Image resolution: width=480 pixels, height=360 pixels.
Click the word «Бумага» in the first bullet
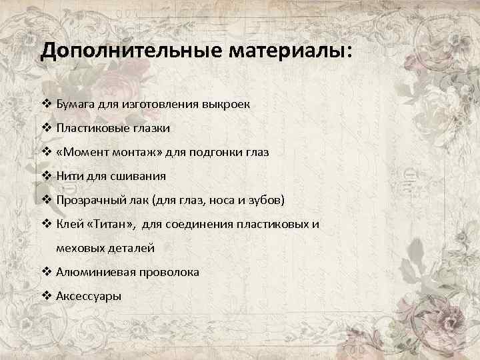[x=77, y=105]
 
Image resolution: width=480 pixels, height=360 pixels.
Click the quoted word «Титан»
[x=113, y=224]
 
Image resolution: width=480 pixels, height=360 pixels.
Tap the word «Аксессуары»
[x=89, y=296]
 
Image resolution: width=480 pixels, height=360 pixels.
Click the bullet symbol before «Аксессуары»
[x=46, y=296]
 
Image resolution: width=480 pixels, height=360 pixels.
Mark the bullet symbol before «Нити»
[x=46, y=176]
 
